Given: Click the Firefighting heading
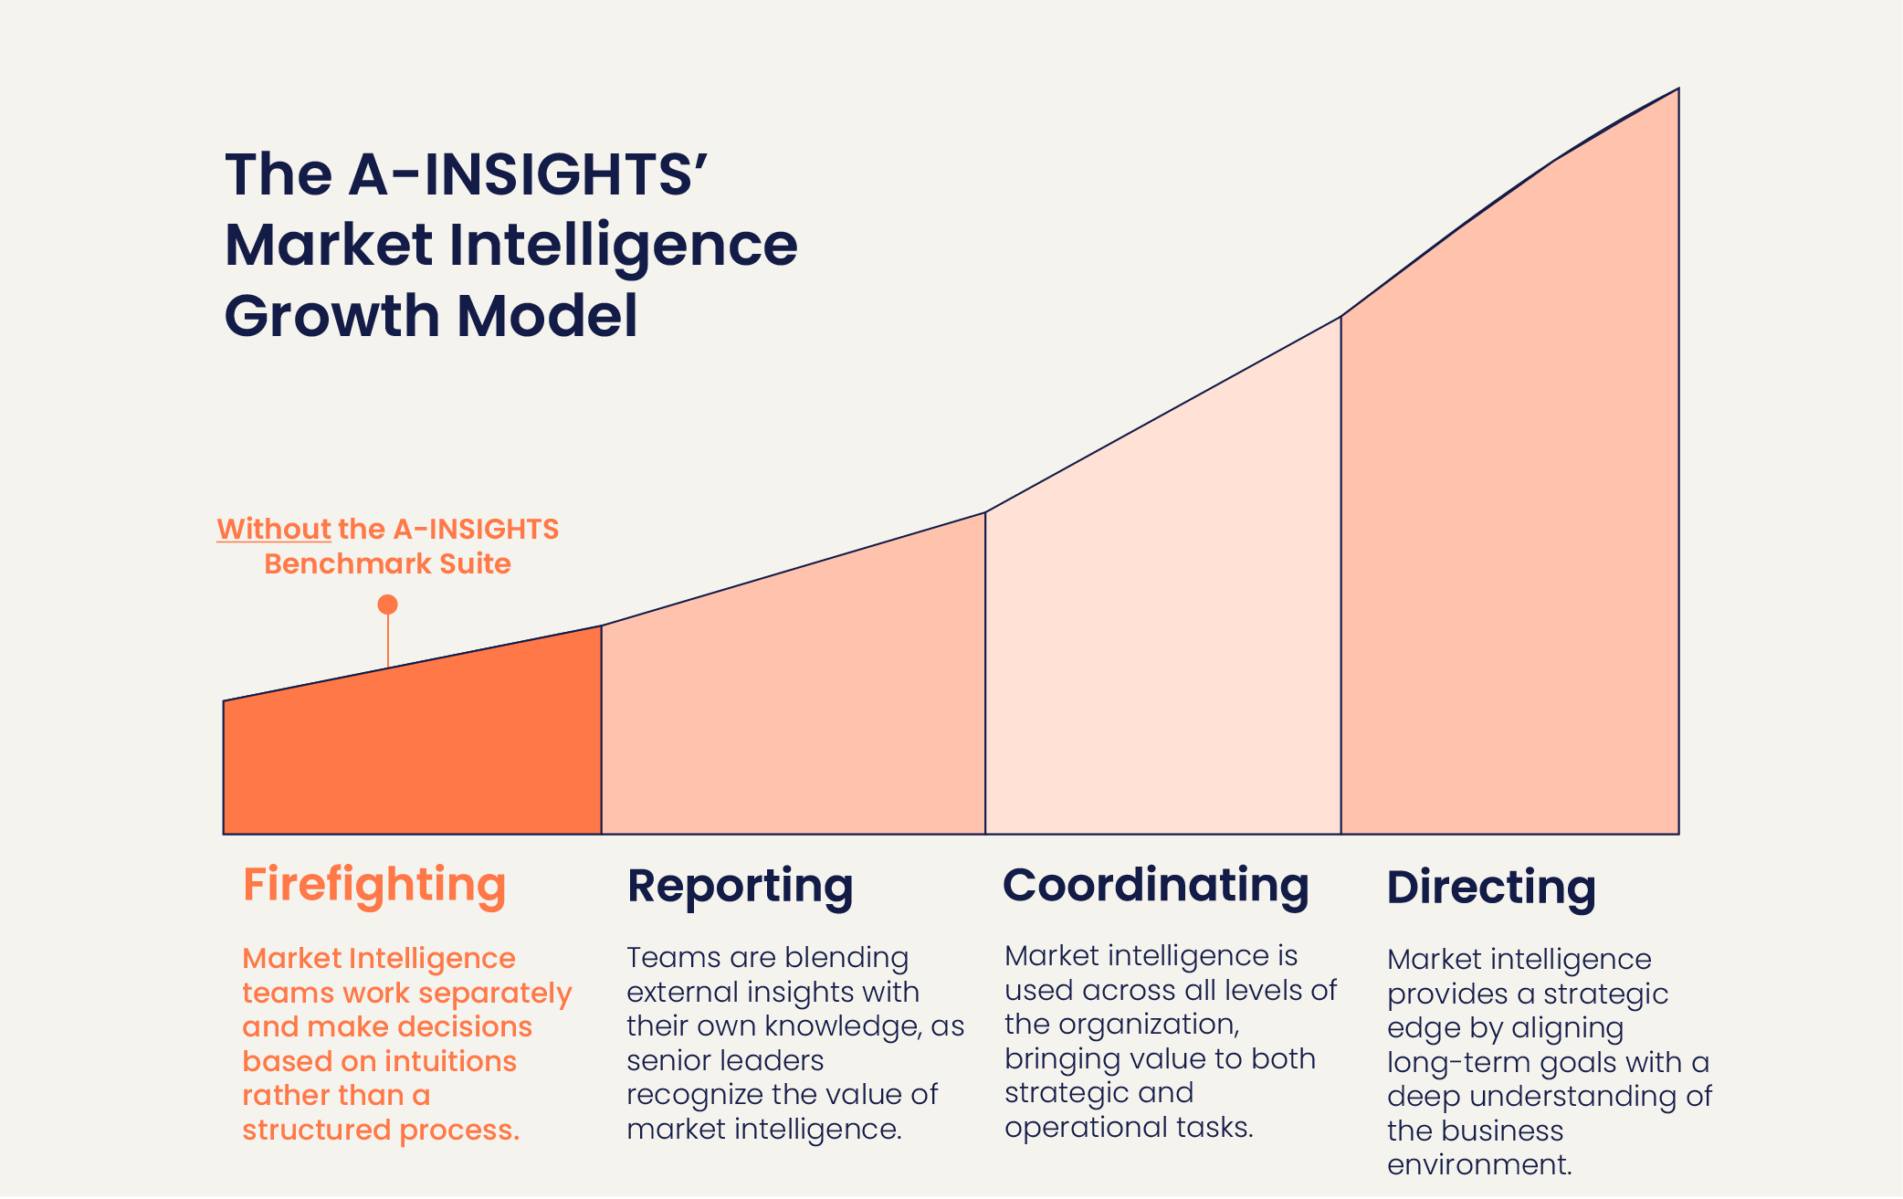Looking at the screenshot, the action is (374, 885).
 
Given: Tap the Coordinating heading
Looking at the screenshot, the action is (1156, 885).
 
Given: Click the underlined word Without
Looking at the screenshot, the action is (274, 529).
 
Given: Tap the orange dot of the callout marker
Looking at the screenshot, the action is (387, 605).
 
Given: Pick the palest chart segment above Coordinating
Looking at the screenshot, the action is (1163, 621).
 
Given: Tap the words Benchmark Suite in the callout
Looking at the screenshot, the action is (387, 563).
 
